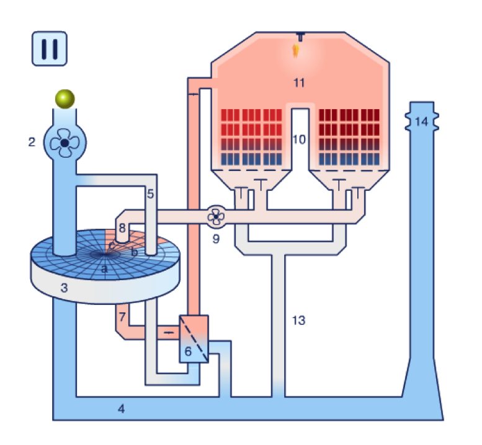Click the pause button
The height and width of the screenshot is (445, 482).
click(x=50, y=48)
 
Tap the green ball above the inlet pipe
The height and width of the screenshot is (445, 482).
click(x=65, y=99)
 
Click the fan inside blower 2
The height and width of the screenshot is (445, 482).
click(x=65, y=143)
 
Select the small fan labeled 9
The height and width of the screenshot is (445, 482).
click(x=216, y=217)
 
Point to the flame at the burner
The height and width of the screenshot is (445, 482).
click(x=296, y=50)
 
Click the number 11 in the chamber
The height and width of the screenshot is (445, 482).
click(x=299, y=82)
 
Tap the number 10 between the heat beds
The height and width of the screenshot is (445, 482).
click(x=299, y=139)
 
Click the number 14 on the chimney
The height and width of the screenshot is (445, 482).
click(x=421, y=122)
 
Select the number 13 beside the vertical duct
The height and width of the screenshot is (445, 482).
click(x=298, y=320)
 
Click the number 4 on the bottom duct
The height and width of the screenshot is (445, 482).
click(x=122, y=409)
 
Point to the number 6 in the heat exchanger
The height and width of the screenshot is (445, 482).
click(x=188, y=351)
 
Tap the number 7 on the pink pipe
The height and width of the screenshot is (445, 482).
click(x=122, y=316)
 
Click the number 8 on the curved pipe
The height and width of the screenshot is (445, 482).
click(x=122, y=228)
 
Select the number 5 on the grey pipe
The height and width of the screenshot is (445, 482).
click(x=150, y=194)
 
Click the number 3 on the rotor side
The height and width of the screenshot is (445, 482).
click(x=64, y=288)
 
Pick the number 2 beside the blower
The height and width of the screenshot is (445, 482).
click(x=32, y=142)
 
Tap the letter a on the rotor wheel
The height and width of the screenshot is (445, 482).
click(x=104, y=269)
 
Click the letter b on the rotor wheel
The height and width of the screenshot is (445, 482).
click(x=135, y=252)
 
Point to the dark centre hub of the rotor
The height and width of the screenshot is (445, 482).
click(x=105, y=254)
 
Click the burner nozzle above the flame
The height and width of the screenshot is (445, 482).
click(x=301, y=36)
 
